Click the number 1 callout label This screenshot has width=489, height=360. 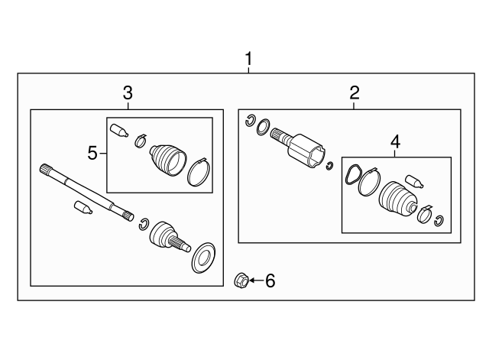[x=248, y=59]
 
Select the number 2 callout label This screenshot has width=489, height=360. [x=354, y=93]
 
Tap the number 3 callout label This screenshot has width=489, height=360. [x=128, y=93]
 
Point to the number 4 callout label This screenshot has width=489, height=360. [x=394, y=141]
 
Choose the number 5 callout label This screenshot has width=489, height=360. [x=92, y=154]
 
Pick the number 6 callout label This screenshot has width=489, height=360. [x=269, y=281]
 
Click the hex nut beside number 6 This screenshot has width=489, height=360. [x=238, y=281]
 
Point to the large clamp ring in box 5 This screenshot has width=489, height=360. [x=198, y=172]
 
